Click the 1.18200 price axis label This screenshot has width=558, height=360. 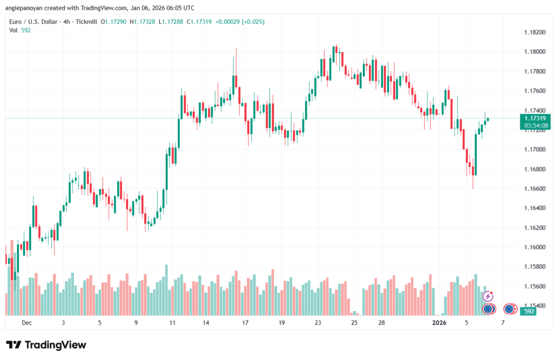(x=534, y=32)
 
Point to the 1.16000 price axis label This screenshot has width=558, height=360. (x=534, y=247)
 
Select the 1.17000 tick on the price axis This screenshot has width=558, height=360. (x=534, y=149)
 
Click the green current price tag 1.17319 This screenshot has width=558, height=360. (x=536, y=118)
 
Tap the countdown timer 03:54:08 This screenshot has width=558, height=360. (x=536, y=125)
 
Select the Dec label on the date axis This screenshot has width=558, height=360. (x=27, y=322)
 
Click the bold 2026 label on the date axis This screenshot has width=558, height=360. (x=439, y=322)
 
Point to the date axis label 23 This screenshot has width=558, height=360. (x=318, y=322)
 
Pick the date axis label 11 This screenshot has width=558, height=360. (x=172, y=322)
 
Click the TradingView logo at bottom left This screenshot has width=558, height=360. (x=46, y=345)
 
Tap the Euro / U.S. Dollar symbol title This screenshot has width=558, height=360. (x=35, y=21)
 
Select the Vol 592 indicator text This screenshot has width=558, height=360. (x=20, y=30)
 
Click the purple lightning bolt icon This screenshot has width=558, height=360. (x=488, y=296)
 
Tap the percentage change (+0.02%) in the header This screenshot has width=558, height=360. (x=254, y=21)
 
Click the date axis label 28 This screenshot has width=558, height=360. (x=382, y=322)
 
